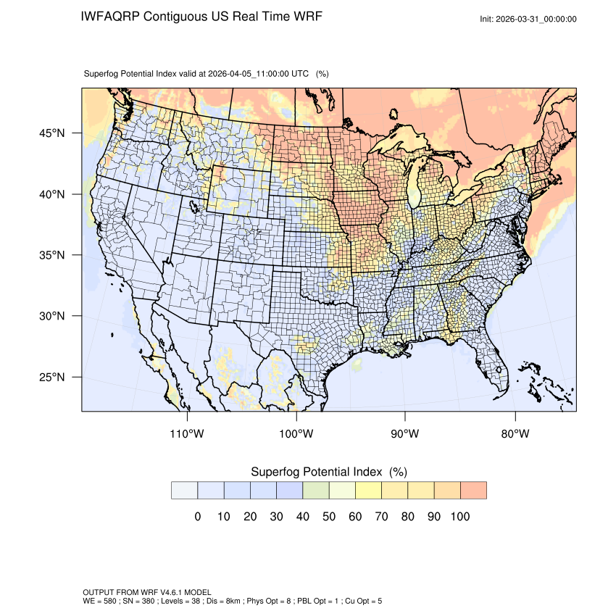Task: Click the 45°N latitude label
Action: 51,133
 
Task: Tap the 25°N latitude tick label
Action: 51,378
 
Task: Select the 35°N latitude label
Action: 51,255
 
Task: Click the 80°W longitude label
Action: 515,434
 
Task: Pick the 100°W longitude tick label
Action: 296,434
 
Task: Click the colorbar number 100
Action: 460,517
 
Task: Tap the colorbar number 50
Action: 329,517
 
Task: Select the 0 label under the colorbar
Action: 197,517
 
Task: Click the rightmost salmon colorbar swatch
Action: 473,490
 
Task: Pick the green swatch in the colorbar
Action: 315,490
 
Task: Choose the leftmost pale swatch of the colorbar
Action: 184,490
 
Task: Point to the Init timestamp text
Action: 528,19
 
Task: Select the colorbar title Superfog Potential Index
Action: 316,472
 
